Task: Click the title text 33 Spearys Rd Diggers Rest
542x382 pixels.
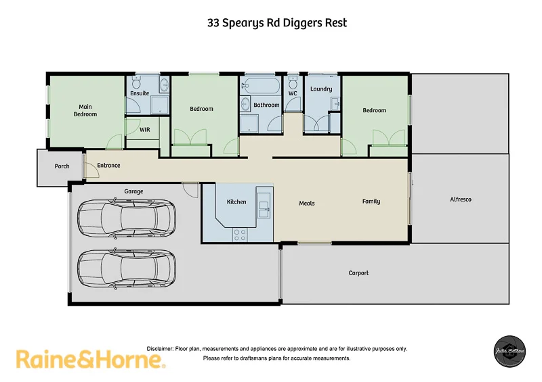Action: (276, 22)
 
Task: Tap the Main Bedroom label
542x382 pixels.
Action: (85, 110)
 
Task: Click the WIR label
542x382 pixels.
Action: (144, 129)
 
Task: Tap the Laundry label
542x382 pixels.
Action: (320, 89)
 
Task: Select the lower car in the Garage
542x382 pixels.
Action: (127, 268)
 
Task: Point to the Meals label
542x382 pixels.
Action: (307, 203)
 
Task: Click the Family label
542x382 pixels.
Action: (371, 201)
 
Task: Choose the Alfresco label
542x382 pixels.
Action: (461, 199)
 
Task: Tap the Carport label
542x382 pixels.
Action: (358, 273)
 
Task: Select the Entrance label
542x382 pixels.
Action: (108, 166)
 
